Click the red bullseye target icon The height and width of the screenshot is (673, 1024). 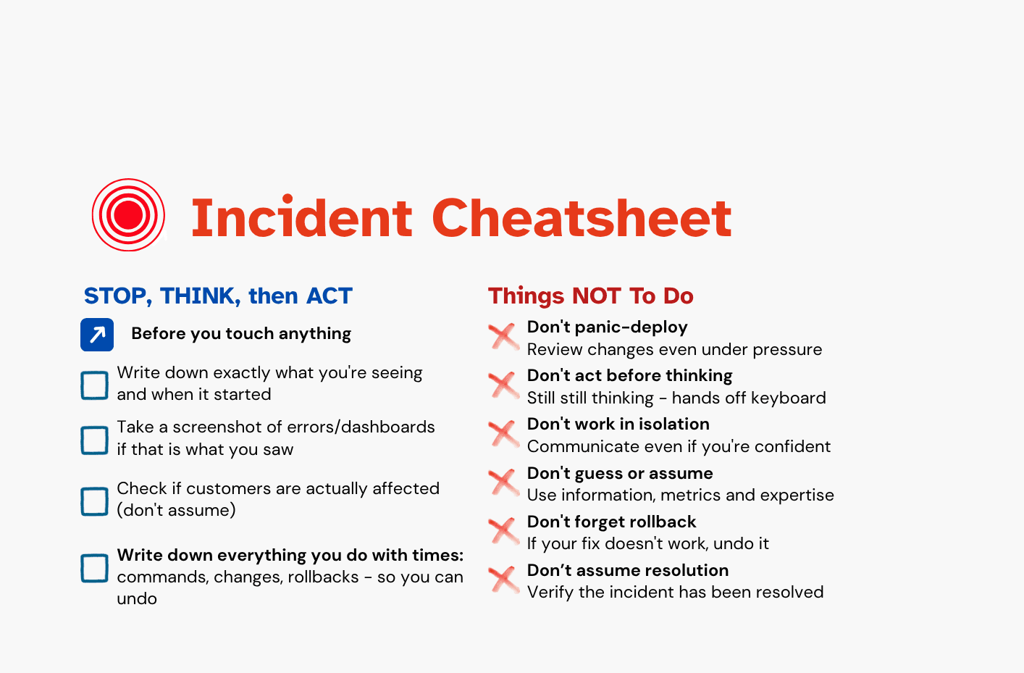tap(128, 215)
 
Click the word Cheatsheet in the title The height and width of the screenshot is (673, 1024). tap(582, 218)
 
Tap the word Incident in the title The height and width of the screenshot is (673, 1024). tap(301, 218)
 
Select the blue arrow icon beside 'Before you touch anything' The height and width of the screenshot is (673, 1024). tap(97, 335)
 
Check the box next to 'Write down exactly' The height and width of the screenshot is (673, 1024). tap(94, 385)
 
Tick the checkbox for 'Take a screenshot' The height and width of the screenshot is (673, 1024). tap(94, 440)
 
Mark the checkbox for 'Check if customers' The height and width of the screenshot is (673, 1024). tap(94, 501)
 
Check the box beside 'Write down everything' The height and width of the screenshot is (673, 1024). tap(94, 568)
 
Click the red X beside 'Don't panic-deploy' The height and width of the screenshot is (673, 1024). tap(503, 336)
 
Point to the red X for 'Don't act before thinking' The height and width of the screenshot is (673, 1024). tap(503, 385)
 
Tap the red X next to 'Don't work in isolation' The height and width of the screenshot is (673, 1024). tap(503, 433)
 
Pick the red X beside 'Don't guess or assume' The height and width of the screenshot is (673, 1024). tap(503, 482)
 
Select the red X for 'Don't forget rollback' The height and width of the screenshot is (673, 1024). tap(503, 530)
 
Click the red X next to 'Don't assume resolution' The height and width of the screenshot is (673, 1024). tap(503, 579)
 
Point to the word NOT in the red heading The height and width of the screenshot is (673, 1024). tap(596, 296)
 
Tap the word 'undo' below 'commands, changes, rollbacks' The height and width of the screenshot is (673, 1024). tap(137, 599)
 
